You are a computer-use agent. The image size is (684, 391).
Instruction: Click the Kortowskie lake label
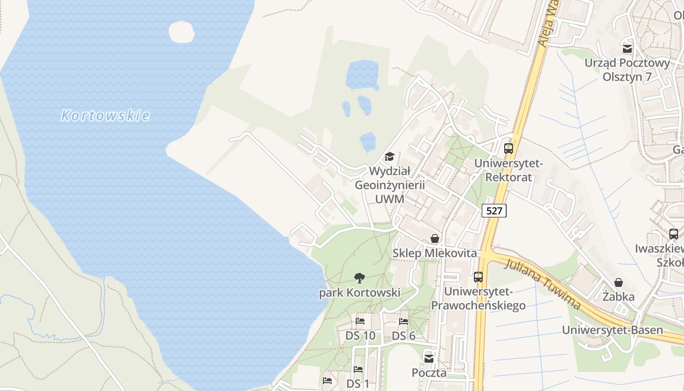[x=105, y=116]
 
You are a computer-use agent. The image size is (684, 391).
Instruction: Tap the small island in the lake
[x=181, y=32]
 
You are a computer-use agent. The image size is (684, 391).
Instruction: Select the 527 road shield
[x=494, y=211]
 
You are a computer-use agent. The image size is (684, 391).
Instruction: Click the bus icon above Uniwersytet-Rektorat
[x=509, y=149]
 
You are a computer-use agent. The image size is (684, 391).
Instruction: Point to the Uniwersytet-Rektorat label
[x=509, y=170]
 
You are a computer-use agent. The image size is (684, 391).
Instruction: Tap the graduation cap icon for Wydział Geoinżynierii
[x=389, y=157]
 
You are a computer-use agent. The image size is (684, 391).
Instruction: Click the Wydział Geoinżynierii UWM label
[x=389, y=185]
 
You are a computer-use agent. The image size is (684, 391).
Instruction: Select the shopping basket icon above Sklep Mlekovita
[x=435, y=239]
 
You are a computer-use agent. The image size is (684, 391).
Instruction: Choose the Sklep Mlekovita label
[x=435, y=253]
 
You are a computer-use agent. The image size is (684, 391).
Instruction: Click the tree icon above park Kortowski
[x=360, y=278]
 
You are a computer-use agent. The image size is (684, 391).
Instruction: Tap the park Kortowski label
[x=360, y=293]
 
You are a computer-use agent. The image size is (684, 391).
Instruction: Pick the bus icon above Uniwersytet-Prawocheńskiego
[x=478, y=277]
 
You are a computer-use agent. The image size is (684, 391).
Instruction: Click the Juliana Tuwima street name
[x=542, y=283]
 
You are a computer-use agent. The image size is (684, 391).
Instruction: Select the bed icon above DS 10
[x=361, y=321]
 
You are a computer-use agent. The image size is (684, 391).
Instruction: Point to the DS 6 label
[x=404, y=336]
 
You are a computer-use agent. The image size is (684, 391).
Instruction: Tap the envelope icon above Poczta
[x=429, y=358]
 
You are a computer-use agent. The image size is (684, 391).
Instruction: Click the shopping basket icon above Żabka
[x=619, y=282]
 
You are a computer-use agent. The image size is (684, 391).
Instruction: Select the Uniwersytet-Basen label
[x=612, y=330]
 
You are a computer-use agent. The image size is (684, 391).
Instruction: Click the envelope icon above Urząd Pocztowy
[x=627, y=48]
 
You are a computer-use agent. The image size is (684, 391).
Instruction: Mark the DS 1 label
[x=358, y=384]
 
